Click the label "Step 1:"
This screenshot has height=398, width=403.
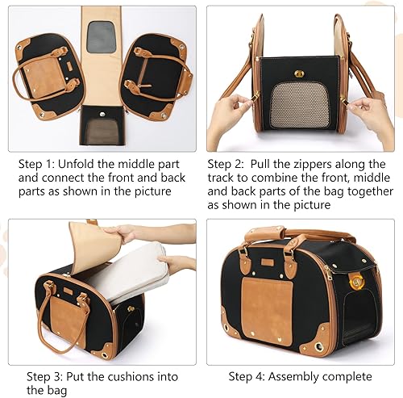[39, 161]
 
